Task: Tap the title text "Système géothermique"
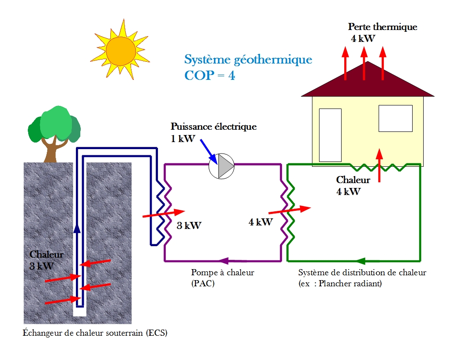248,60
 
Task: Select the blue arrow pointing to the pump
207,150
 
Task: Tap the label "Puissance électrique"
214,127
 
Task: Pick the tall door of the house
330,135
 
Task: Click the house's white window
395,118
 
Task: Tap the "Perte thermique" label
382,27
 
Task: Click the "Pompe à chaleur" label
222,273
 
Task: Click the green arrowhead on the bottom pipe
362,261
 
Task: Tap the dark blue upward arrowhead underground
77,228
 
